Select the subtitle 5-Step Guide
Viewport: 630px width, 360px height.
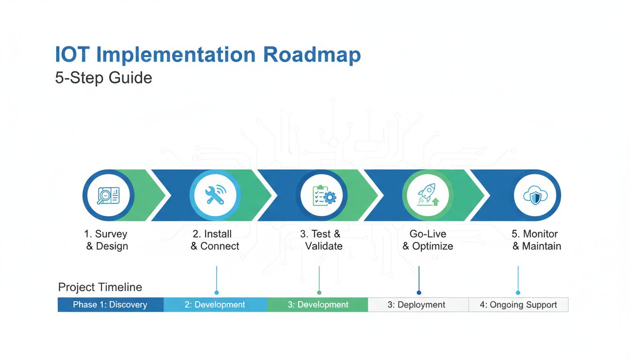[x=104, y=77]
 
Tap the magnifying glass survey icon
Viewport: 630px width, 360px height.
[x=108, y=195]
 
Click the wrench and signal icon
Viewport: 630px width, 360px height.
[x=215, y=195]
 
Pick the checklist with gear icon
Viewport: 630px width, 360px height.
[x=324, y=195]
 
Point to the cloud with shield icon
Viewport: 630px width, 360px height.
[x=535, y=195]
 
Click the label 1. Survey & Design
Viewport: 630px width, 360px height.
[x=106, y=240]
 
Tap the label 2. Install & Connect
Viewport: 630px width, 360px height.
[x=215, y=240]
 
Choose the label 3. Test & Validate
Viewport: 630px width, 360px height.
[x=322, y=240]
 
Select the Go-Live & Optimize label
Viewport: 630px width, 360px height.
[x=427, y=240]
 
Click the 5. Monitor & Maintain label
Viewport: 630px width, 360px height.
[x=536, y=240]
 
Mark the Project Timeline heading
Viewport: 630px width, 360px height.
[x=100, y=287]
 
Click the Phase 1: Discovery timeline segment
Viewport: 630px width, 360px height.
[x=110, y=305]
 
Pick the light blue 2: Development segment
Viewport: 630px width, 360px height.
[x=215, y=305]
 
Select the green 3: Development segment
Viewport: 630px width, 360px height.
[x=318, y=305]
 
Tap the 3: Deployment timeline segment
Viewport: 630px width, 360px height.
[x=416, y=305]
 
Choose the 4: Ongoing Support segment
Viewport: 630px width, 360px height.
[x=518, y=305]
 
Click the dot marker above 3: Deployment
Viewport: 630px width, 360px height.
[x=419, y=292]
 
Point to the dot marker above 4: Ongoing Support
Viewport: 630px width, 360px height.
[x=518, y=292]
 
